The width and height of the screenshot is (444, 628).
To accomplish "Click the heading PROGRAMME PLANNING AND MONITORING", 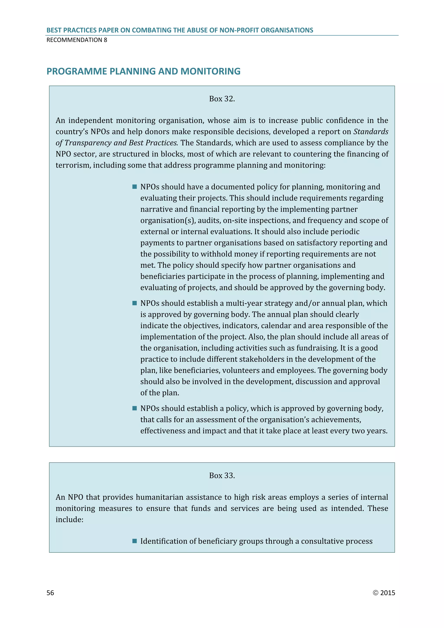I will [x=143, y=71].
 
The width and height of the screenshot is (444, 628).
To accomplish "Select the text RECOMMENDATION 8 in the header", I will [x=77, y=40].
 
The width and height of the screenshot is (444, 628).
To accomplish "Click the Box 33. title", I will [x=222, y=475].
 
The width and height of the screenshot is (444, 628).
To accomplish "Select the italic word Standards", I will [x=371, y=132].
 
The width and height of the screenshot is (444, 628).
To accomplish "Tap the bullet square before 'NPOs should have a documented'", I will [x=134, y=187].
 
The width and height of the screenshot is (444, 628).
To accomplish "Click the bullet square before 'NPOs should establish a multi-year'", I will [x=134, y=303].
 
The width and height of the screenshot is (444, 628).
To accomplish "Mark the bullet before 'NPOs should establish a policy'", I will [x=134, y=408].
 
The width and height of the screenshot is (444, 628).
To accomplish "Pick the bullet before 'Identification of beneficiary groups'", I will [x=134, y=541].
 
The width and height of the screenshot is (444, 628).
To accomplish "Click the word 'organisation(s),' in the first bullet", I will [x=168, y=221].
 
